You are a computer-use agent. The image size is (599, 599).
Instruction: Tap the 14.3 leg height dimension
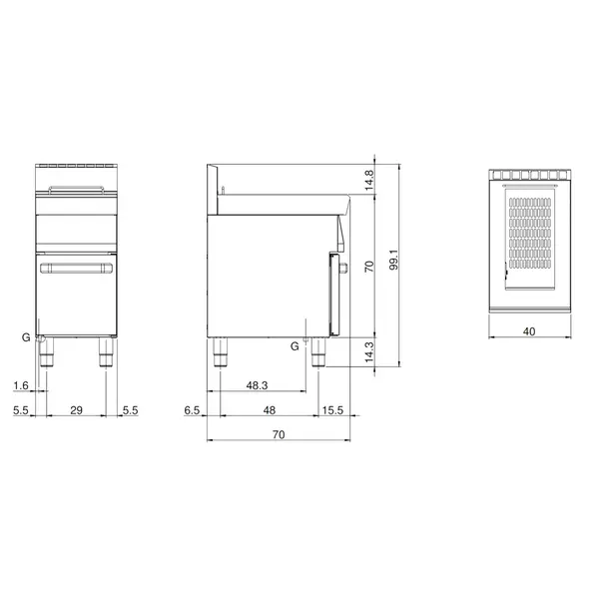368,352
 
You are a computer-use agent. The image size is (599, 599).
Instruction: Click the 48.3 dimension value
260,384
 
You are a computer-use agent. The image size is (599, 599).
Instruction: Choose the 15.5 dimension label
333,410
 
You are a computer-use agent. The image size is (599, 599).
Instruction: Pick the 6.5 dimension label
194,410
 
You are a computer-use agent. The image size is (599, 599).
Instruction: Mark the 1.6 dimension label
21,384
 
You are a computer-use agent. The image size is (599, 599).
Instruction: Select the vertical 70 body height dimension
368,267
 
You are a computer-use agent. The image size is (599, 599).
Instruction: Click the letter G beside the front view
27,338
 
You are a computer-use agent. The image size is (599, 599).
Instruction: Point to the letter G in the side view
295,345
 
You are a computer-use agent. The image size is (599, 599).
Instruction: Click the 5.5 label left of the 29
21,410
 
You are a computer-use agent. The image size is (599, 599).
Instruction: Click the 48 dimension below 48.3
269,410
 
